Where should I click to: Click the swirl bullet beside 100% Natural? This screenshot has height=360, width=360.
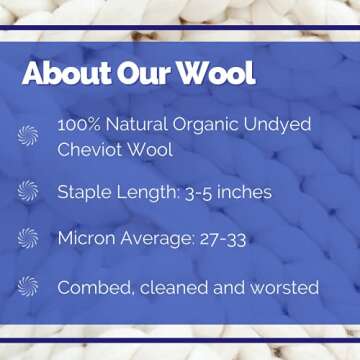click(28, 135)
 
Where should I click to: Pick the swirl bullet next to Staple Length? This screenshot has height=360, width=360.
click(28, 192)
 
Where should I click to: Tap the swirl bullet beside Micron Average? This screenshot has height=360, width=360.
click(28, 239)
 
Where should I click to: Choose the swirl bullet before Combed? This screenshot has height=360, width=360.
click(28, 287)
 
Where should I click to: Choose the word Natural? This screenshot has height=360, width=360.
click(142, 125)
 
